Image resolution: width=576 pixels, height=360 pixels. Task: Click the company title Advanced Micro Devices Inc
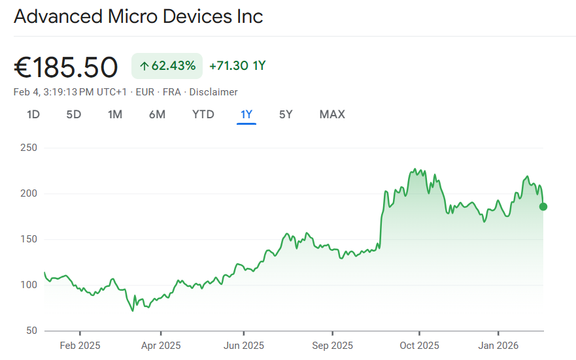pyautogui.click(x=138, y=16)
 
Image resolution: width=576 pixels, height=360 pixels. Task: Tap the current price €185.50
pyautogui.click(x=66, y=67)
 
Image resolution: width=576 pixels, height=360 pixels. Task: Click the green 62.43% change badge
pyautogui.click(x=167, y=66)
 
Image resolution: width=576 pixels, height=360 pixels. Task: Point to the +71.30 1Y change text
pyautogui.click(x=237, y=66)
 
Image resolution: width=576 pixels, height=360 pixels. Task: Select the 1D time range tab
pyautogui.click(x=33, y=114)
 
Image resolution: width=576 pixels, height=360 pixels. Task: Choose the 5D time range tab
pyautogui.click(x=74, y=114)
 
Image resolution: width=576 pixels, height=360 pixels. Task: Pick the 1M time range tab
pyautogui.click(x=115, y=114)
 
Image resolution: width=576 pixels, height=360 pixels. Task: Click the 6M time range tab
pyautogui.click(x=157, y=114)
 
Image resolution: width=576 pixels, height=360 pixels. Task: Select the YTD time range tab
pyautogui.click(x=203, y=114)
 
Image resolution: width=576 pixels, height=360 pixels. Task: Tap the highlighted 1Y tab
pyautogui.click(x=246, y=114)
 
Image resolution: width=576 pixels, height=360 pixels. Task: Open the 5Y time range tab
pyautogui.click(x=286, y=114)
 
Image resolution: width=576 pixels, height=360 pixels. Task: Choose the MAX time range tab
pyautogui.click(x=332, y=114)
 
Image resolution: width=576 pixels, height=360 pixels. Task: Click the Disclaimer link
pyautogui.click(x=214, y=92)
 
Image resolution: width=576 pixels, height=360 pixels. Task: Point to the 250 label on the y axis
pyautogui.click(x=29, y=148)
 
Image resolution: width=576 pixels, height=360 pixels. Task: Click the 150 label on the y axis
pyautogui.click(x=29, y=239)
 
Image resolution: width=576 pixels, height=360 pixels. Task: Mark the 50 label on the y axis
pyautogui.click(x=31, y=331)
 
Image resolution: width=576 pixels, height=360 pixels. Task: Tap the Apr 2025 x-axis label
pyautogui.click(x=161, y=345)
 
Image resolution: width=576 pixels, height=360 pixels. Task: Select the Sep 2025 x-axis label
pyautogui.click(x=332, y=345)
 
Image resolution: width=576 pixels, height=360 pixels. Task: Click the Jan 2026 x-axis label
pyautogui.click(x=498, y=345)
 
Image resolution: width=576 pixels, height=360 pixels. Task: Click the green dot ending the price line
pyautogui.click(x=543, y=206)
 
